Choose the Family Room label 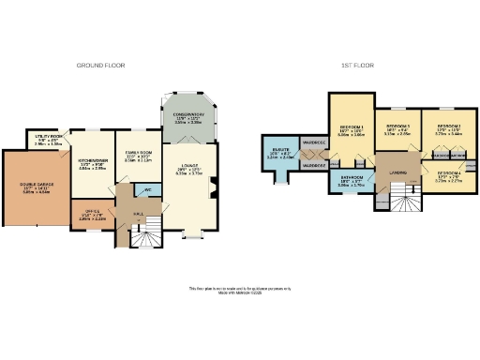point(137,156)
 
